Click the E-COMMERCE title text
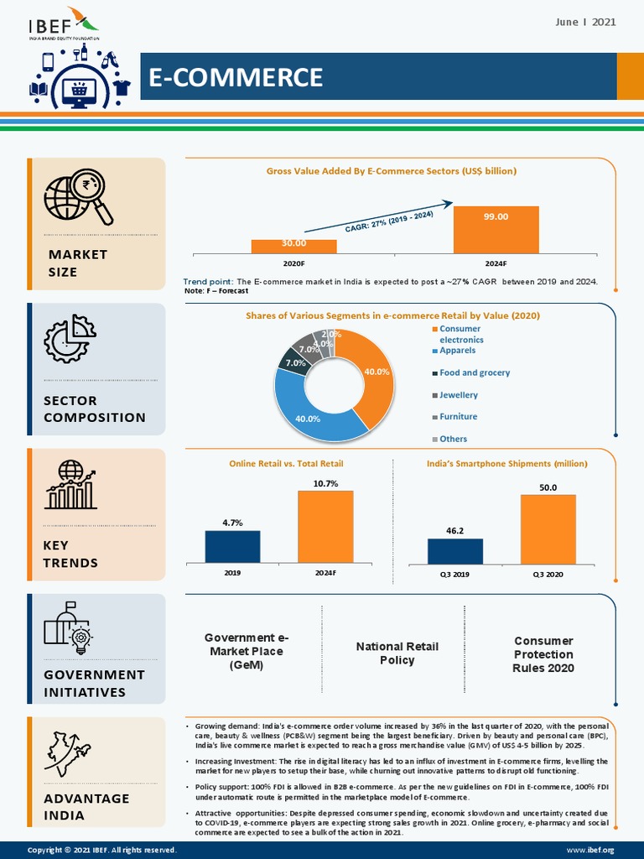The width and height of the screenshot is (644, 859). tap(236, 77)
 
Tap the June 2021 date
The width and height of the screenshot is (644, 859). tap(585, 22)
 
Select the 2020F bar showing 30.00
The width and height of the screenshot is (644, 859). tap(293, 246)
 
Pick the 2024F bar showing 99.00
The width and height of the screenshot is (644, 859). tap(496, 230)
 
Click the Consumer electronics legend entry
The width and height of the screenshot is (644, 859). tap(460, 334)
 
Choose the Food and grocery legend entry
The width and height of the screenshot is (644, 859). tap(474, 372)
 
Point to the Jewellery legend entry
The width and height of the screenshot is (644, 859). tap(458, 394)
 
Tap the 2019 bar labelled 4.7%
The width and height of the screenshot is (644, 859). tap(232, 546)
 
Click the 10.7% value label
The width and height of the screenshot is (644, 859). tap(325, 483)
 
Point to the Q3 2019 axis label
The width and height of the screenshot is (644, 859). tap(454, 574)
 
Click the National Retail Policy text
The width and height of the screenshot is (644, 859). tap(397, 653)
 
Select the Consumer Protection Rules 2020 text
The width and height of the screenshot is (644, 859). tap(543, 654)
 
